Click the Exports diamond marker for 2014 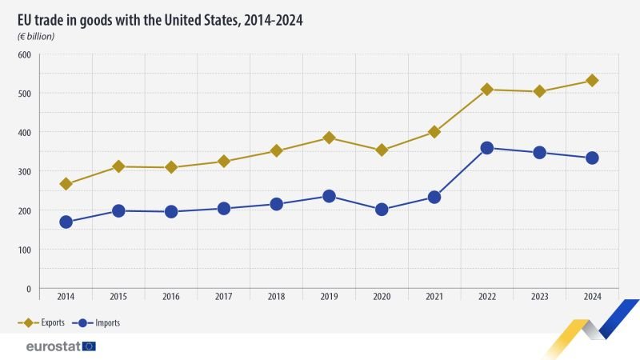(x=66, y=184)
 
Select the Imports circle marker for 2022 (x=487, y=148)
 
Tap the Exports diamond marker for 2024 (x=592, y=81)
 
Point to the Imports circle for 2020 (x=382, y=210)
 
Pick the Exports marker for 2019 (x=330, y=138)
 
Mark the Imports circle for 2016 (x=171, y=211)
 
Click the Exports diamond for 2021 (x=434, y=132)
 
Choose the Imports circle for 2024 (x=592, y=158)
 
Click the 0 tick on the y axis (x=28, y=289)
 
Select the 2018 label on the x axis (x=276, y=297)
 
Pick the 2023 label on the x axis (x=539, y=297)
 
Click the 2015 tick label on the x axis (x=118, y=297)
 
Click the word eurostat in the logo (x=52, y=346)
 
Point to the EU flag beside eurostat (x=88, y=346)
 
